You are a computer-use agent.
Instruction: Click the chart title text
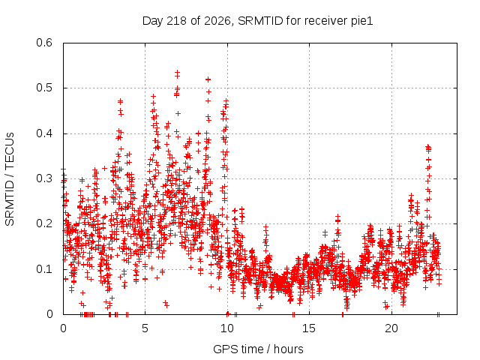coord(258,21)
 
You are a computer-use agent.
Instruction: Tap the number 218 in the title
coord(175,21)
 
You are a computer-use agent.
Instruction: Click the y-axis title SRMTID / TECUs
coord(10,179)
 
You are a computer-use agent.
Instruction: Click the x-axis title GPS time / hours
coord(258,349)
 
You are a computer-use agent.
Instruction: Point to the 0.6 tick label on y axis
coord(44,43)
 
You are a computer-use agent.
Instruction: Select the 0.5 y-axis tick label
coord(44,88)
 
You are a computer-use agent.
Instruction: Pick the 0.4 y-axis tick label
coord(44,133)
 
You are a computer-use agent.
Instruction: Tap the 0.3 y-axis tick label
coord(44,178)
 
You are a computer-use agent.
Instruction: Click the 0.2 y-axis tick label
coord(44,223)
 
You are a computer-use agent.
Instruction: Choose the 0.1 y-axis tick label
coord(44,269)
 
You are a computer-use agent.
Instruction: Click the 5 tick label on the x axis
coord(145,328)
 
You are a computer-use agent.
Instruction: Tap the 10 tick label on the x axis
coord(227,328)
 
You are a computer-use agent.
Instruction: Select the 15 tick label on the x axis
coord(309,328)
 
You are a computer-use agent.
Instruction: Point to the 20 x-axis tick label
coord(391,328)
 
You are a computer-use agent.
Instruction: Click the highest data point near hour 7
coord(177,72)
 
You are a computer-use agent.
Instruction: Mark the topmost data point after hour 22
coord(428,147)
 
